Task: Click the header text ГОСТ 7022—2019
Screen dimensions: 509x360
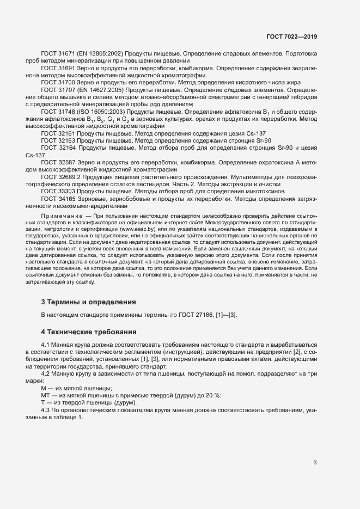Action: click(x=291, y=36)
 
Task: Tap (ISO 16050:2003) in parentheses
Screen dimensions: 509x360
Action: click(x=103, y=112)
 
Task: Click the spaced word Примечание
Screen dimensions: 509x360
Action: click(x=64, y=217)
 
